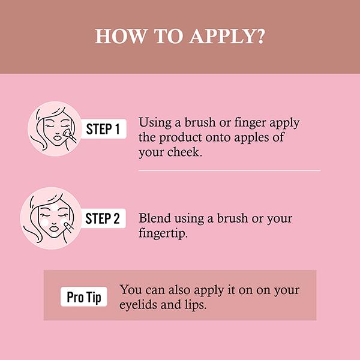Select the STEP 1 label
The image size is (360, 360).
103,129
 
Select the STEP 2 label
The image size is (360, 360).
103,218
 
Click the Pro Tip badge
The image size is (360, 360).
84,296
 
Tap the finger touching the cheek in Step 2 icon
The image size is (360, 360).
68,227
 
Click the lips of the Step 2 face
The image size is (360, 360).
55,229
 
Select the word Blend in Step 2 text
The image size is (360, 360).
155,218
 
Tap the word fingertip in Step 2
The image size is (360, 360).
163,233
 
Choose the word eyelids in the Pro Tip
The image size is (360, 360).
138,305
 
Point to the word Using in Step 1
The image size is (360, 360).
155,123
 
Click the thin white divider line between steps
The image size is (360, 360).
229,170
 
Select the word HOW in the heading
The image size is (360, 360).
121,36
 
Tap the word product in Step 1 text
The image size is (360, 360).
180,138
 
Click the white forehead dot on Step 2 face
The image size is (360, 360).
54,207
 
